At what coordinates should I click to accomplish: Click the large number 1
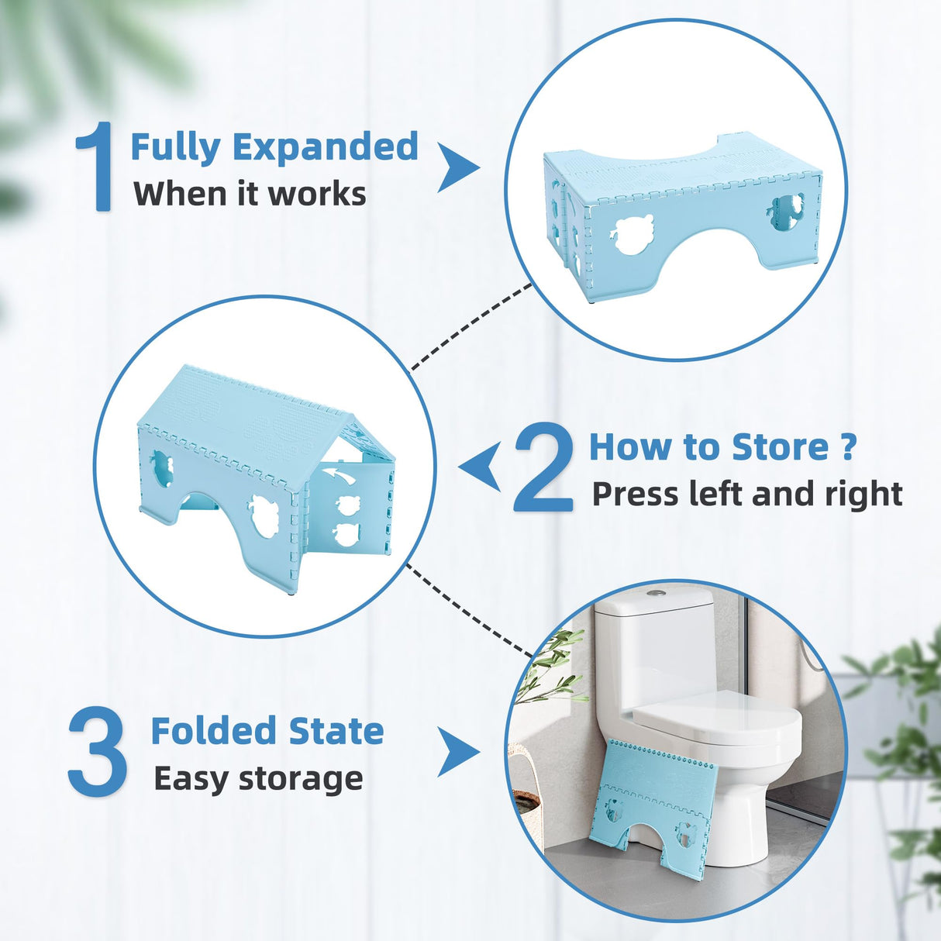pyautogui.click(x=95, y=167)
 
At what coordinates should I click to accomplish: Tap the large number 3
pyautogui.click(x=97, y=753)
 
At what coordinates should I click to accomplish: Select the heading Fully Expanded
pyautogui.click(x=274, y=147)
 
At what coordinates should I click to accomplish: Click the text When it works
pyautogui.click(x=250, y=194)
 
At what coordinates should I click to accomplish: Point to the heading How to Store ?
pyautogui.click(x=722, y=447)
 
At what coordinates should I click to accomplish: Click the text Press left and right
pyautogui.click(x=747, y=494)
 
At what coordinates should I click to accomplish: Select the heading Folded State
pyautogui.click(x=267, y=731)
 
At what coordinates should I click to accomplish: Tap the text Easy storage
pyautogui.click(x=258, y=778)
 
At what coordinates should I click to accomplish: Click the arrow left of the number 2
pyautogui.click(x=481, y=467)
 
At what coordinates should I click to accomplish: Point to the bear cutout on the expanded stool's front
pyautogui.click(x=633, y=233)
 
